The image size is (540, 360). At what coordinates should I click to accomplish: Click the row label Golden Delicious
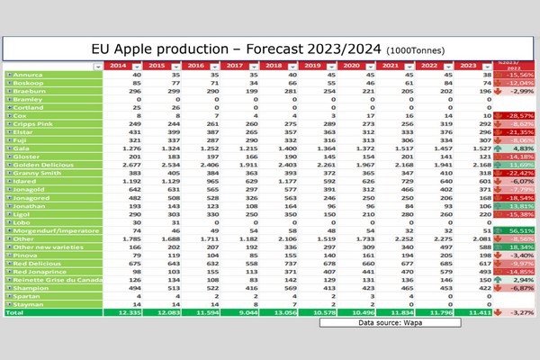click(x=36, y=165)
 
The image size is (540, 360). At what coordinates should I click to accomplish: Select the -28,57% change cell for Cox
click(x=510, y=115)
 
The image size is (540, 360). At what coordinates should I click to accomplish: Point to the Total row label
click(x=14, y=312)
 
